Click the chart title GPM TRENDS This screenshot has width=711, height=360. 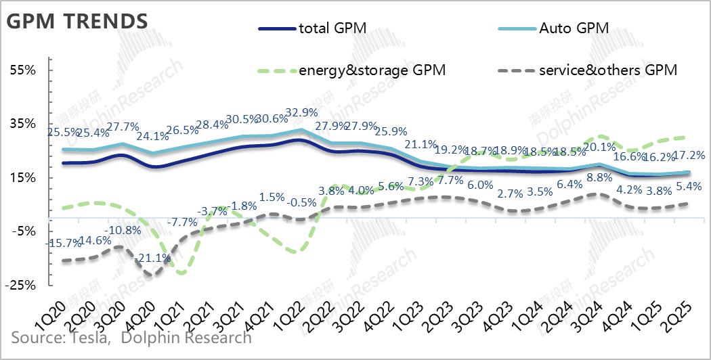coord(77,21)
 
